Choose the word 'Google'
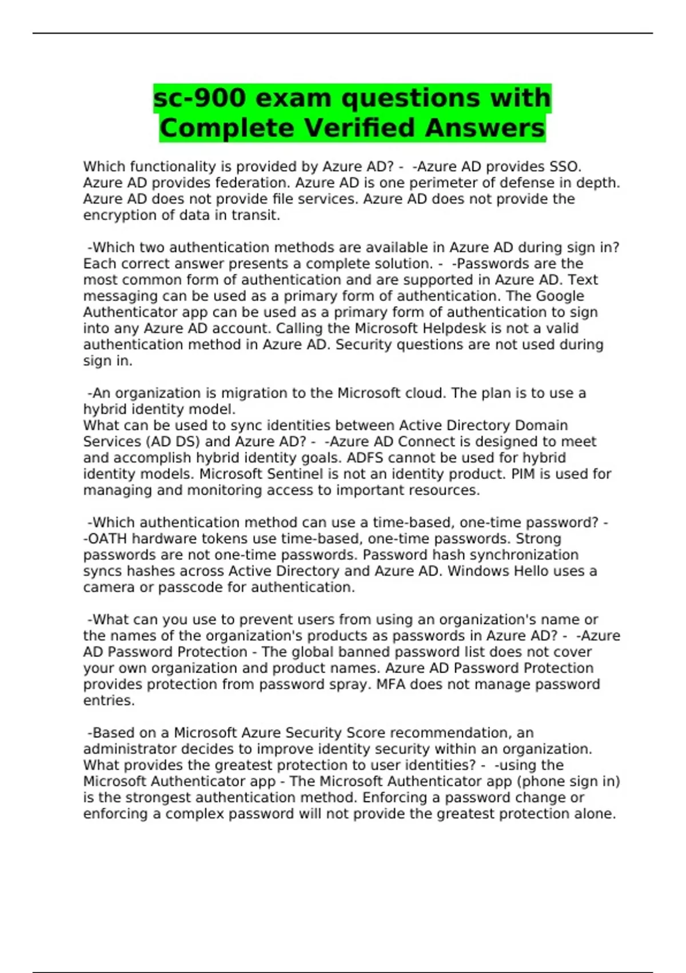tap(560, 296)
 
